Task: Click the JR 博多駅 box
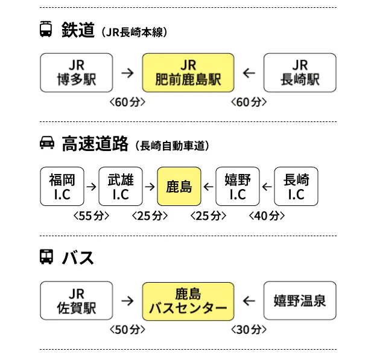(x=77, y=72)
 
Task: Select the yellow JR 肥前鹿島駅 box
(x=188, y=72)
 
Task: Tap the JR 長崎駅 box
(x=300, y=72)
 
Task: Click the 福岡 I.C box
(x=62, y=187)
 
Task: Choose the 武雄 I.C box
(x=121, y=187)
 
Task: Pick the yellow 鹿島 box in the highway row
(x=179, y=187)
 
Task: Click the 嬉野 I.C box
(x=238, y=187)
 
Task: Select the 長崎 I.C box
(x=296, y=187)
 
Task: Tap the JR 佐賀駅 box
(x=77, y=301)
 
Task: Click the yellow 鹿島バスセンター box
(x=188, y=301)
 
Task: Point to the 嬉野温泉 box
(x=300, y=301)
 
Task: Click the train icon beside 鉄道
(x=46, y=30)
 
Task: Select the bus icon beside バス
(x=46, y=257)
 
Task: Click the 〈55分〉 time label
(x=91, y=216)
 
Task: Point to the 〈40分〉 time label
(x=266, y=216)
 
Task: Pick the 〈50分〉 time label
(x=128, y=330)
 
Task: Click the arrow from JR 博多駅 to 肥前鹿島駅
(x=127, y=73)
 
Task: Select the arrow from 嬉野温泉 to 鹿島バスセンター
(x=248, y=301)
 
